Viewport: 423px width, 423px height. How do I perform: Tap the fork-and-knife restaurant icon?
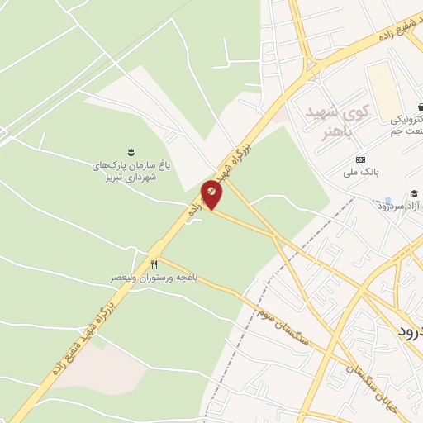154,264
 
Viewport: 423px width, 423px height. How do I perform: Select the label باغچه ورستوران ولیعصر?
154,278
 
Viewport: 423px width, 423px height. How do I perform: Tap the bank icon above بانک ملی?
359,159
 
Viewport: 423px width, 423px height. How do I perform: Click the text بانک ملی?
360,173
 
